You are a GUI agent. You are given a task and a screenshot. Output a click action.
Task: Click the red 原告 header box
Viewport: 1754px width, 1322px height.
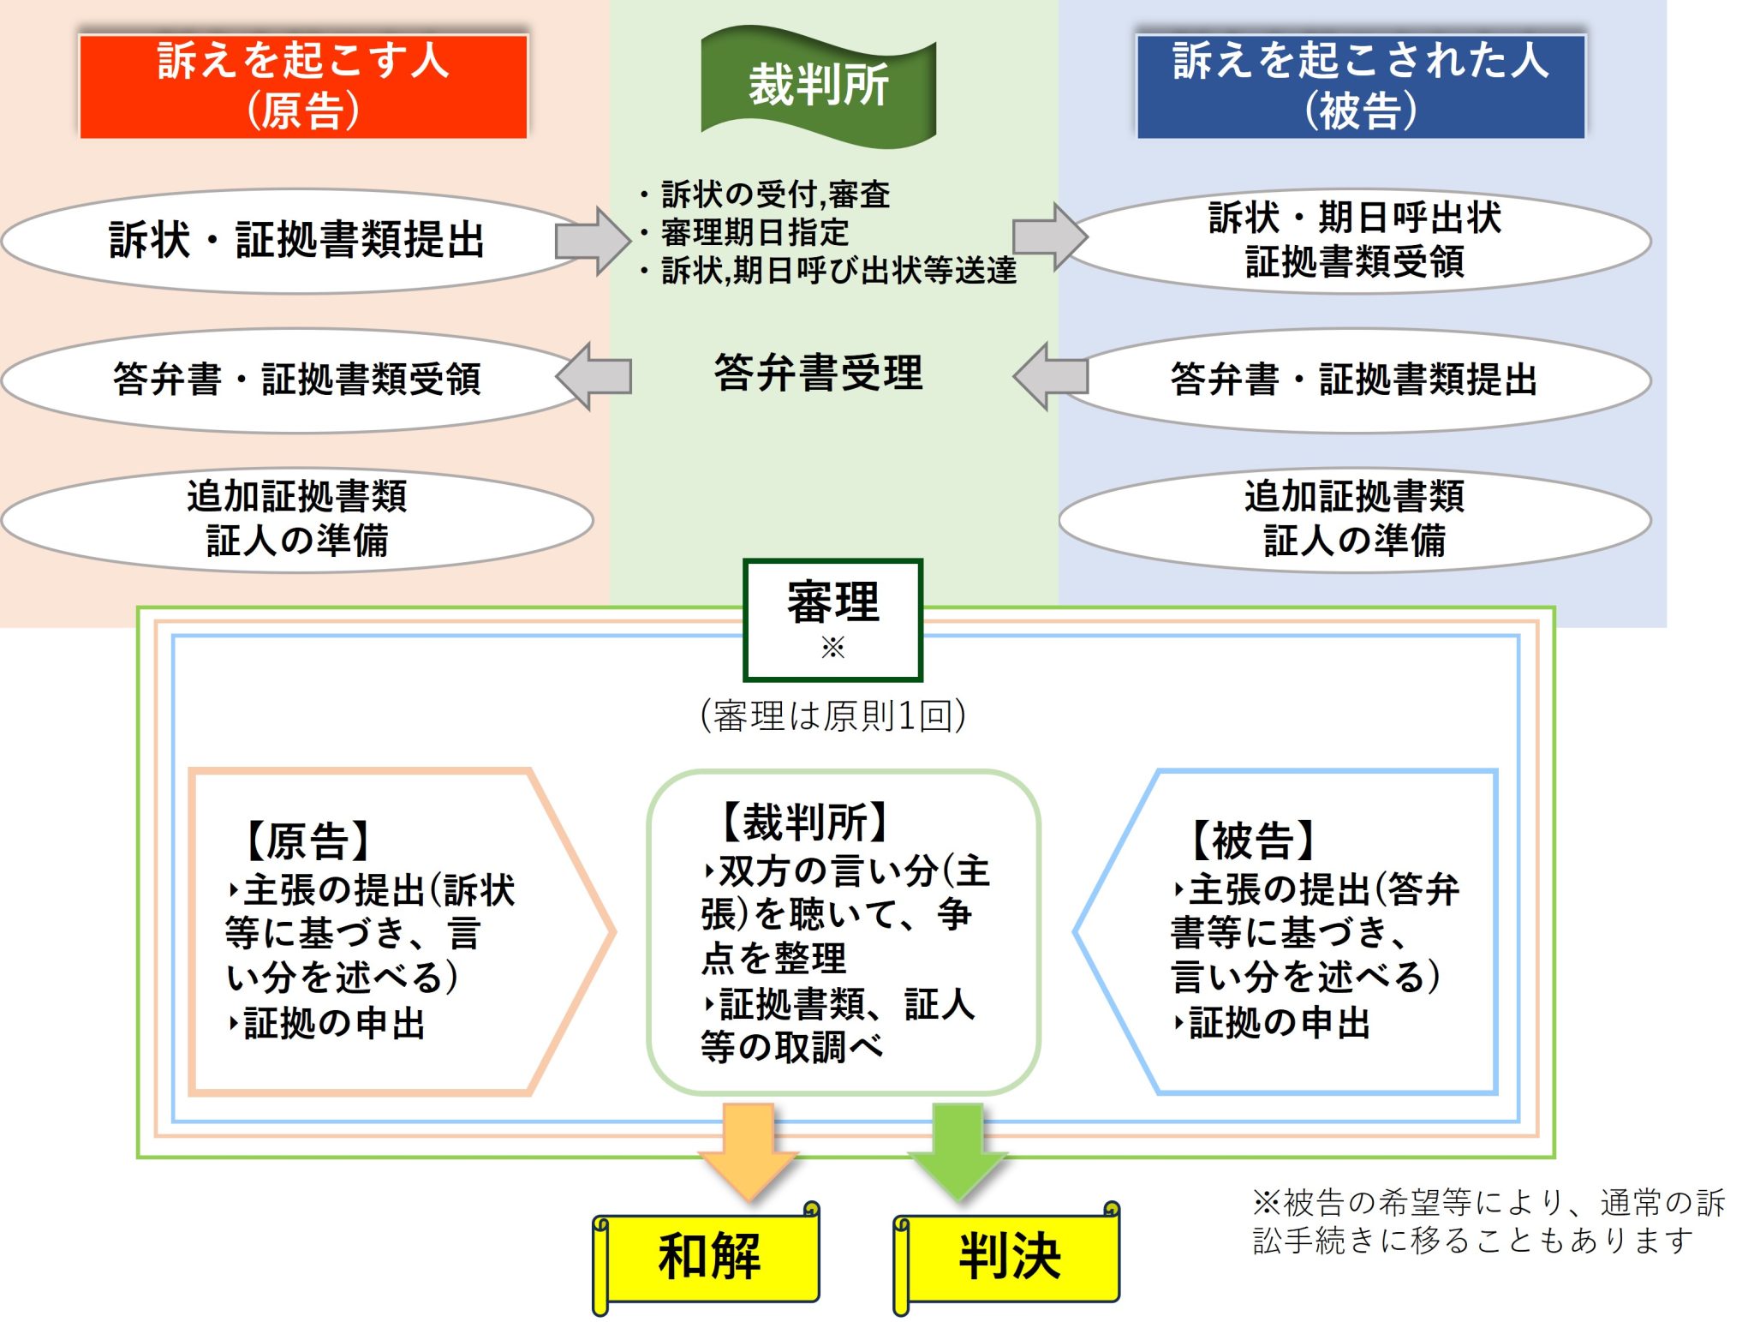click(303, 86)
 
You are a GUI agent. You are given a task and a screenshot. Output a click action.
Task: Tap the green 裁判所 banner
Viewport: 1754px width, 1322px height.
click(818, 86)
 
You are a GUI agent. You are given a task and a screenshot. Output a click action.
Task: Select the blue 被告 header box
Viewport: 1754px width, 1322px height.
click(1361, 86)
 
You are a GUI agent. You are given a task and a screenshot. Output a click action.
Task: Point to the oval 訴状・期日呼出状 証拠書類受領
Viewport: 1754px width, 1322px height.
click(1355, 241)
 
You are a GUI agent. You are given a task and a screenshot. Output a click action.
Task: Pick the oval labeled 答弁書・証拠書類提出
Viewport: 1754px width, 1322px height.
click(1355, 380)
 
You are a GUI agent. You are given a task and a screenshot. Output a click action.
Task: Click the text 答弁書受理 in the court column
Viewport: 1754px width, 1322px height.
click(818, 374)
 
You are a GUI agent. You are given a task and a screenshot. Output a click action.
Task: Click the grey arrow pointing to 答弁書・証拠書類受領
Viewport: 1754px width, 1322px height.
click(593, 376)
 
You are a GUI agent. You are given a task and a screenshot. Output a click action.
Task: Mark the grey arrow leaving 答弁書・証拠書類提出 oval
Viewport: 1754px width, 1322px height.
click(1050, 376)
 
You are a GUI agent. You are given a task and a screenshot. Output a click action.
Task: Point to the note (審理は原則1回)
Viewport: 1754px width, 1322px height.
click(832, 715)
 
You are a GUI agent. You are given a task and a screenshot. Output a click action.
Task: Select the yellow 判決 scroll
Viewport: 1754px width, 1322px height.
click(1009, 1258)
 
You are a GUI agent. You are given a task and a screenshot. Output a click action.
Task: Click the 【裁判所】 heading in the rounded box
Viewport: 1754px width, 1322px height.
click(805, 823)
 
